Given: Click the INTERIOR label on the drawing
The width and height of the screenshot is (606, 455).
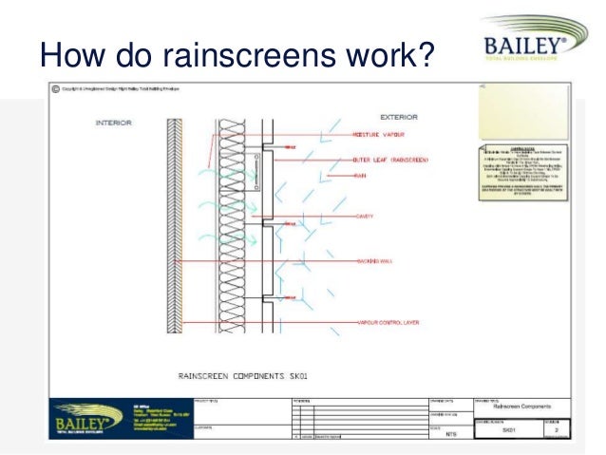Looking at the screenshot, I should click(114, 123).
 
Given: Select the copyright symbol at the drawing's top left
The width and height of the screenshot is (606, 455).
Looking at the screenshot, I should click(56, 90).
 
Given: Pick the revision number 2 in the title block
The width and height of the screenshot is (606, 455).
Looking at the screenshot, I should click(557, 429).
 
